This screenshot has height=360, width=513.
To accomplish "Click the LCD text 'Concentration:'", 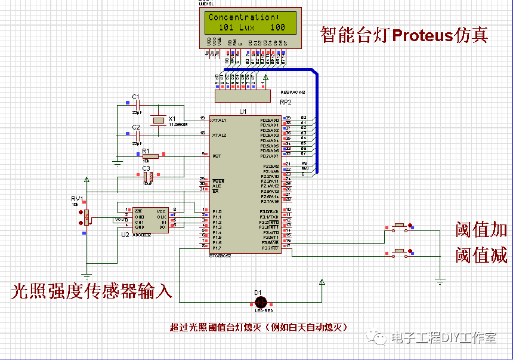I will coord(243,17).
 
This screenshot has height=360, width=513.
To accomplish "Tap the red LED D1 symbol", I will coord(258,302).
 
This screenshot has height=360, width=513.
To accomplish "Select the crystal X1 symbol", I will coord(157,121).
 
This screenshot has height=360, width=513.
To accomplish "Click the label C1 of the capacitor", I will coord(135,97).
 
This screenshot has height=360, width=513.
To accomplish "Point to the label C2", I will coord(135,127).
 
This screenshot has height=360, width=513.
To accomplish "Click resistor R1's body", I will coord(150,156).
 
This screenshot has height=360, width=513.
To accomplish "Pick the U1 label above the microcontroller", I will coord(243,112).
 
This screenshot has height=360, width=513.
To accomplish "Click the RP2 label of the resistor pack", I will coord(286,102).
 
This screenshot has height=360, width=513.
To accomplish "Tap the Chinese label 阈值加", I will coord(481,229).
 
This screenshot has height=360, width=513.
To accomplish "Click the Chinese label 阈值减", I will coord(481,256).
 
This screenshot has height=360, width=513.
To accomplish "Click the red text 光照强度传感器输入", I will coord(92,291).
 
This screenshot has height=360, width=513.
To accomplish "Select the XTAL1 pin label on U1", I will coord(219,121).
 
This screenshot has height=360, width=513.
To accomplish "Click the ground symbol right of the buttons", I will coord(440,280).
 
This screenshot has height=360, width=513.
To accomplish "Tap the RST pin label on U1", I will coord(217,156).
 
